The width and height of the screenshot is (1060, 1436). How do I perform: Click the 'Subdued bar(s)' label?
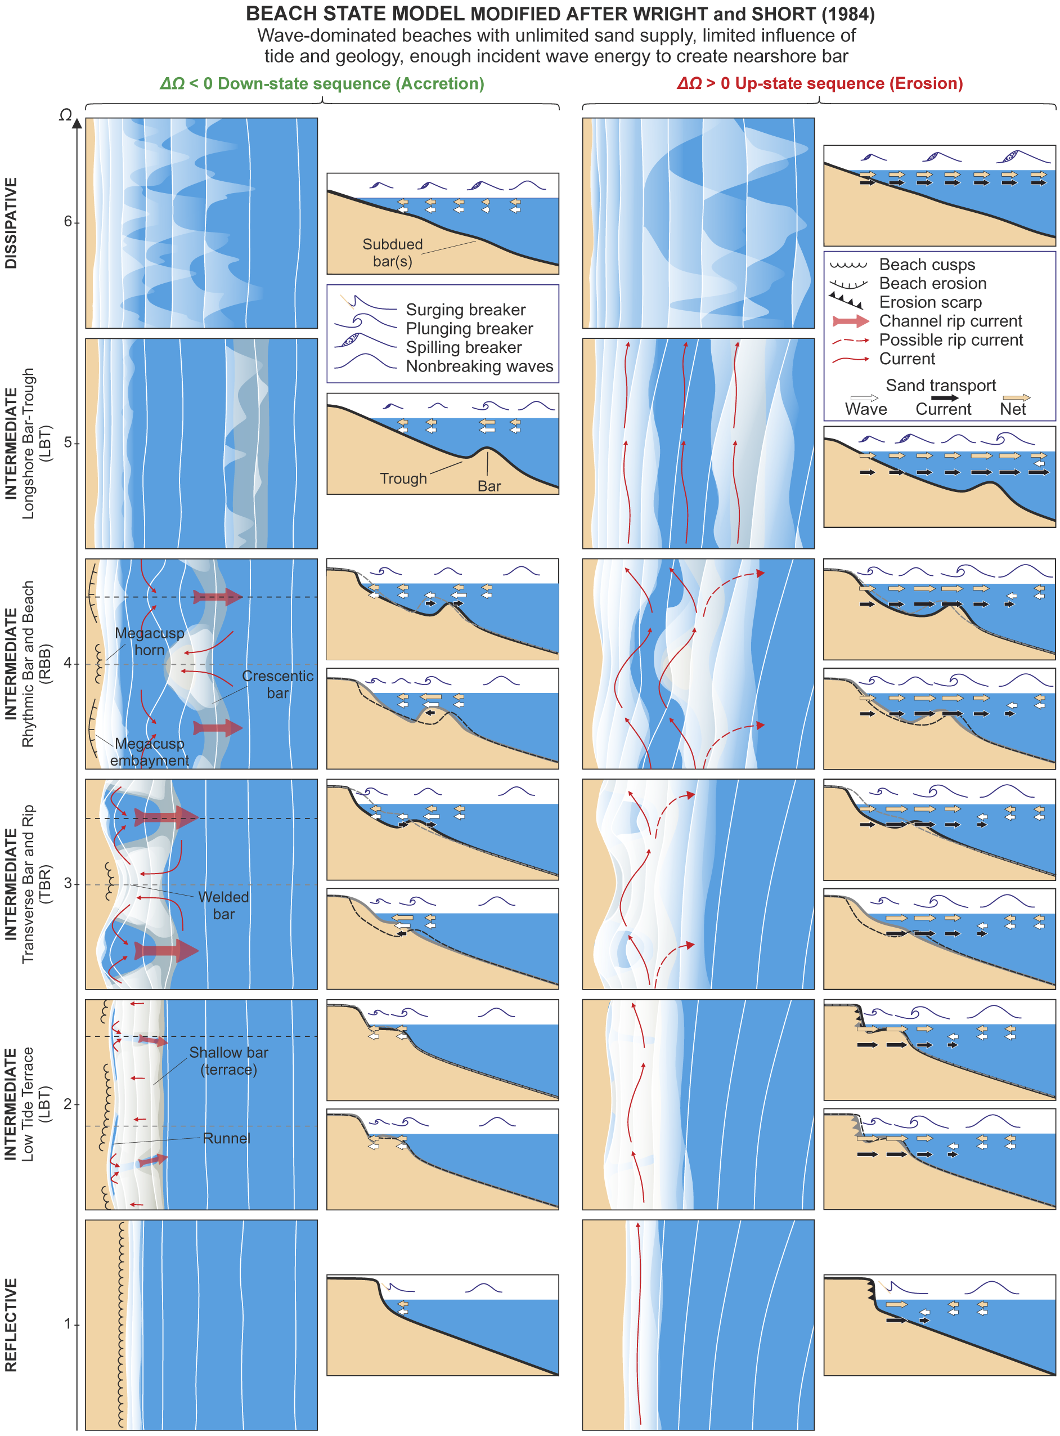pos(393,253)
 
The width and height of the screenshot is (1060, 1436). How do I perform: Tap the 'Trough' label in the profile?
pos(403,479)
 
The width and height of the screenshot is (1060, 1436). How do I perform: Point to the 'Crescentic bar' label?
pos(278,685)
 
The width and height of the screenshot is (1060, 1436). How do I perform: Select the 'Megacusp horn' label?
pos(150,641)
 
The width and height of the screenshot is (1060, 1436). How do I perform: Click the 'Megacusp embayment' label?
pos(150,751)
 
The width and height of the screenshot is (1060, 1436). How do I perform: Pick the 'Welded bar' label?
pos(223,905)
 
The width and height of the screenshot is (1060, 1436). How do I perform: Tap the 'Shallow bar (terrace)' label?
pos(228,1061)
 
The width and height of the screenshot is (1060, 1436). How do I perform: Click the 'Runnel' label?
pos(227,1138)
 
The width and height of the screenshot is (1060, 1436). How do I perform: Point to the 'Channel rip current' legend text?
pos(950,321)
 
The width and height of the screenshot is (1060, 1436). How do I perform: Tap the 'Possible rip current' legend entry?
pos(951,340)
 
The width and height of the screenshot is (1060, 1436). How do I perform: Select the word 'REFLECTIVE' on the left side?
pos(11,1325)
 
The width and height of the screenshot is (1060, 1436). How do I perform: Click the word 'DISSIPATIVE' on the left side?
pos(11,223)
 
